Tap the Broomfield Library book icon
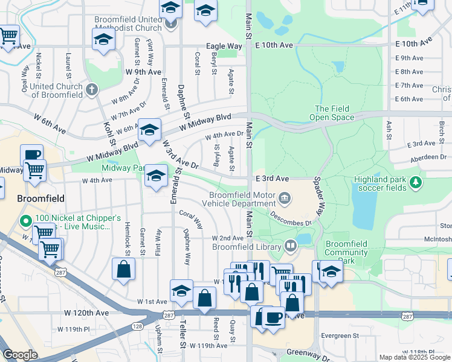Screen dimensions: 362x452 291,246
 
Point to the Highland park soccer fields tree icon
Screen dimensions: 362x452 415,182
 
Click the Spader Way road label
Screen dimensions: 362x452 319,196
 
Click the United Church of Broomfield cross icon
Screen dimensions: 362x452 92,90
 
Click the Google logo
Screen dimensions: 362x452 20,355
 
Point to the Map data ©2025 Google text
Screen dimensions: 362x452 414,357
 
